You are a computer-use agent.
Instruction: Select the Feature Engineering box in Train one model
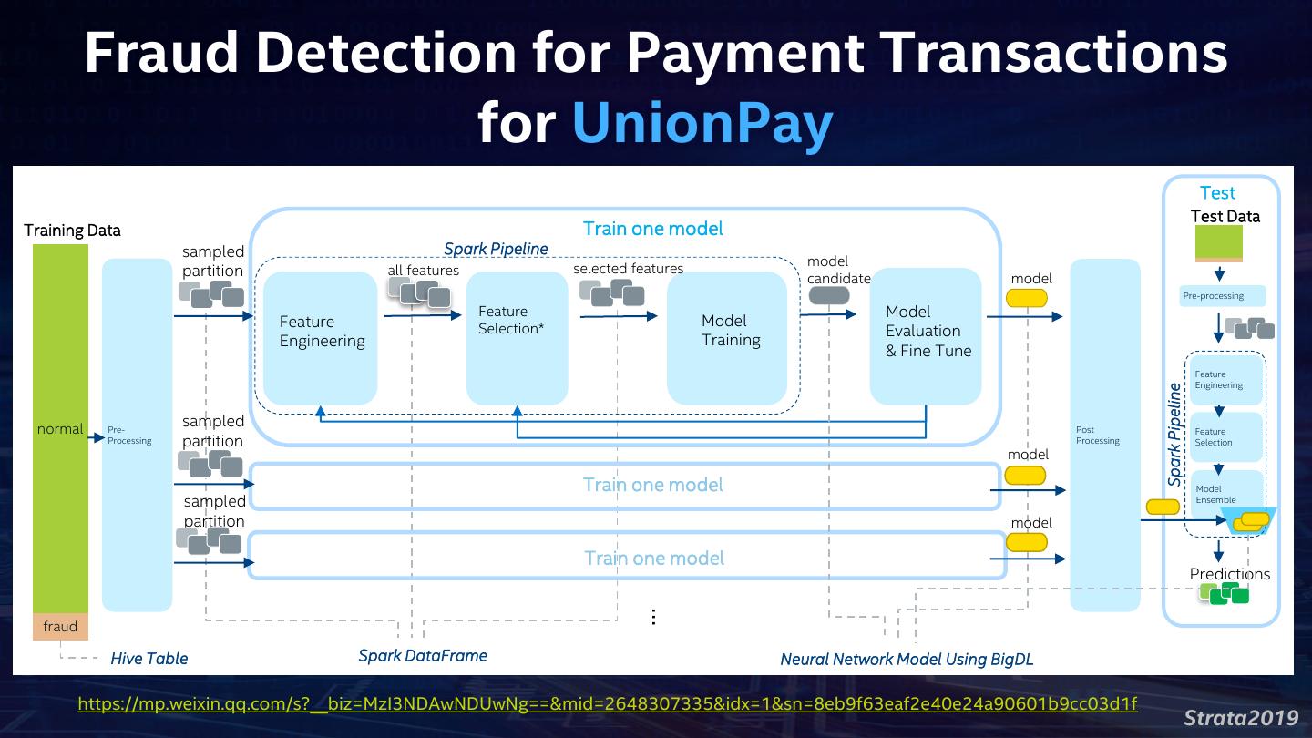click(x=321, y=338)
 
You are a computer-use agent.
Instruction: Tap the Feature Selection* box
click(x=517, y=338)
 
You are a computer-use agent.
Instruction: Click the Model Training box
click(x=727, y=338)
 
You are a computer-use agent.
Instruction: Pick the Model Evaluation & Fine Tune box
click(x=926, y=335)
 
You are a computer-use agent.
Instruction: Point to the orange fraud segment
click(x=60, y=627)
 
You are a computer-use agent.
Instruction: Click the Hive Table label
click(x=149, y=659)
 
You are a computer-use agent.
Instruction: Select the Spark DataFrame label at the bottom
click(x=423, y=656)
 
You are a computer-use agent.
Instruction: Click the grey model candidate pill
click(x=829, y=295)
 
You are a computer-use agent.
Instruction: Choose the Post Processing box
click(x=1104, y=436)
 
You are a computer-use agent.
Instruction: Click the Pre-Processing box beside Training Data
click(x=137, y=436)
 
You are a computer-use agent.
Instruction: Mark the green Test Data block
click(x=1219, y=242)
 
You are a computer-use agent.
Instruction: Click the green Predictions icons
click(x=1225, y=593)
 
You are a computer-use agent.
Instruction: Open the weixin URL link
click(x=608, y=703)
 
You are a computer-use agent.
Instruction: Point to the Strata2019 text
click(x=1241, y=717)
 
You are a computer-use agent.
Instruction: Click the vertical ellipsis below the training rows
click(x=653, y=617)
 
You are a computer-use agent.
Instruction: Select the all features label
click(x=423, y=270)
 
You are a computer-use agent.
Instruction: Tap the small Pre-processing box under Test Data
click(x=1223, y=296)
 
